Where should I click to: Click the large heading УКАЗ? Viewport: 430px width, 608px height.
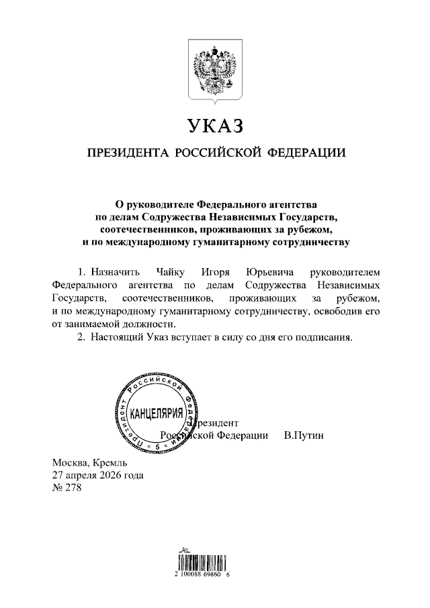[x=215, y=126]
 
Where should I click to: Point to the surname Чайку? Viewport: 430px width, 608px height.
[x=167, y=272]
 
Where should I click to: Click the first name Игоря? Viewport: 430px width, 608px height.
[x=216, y=272]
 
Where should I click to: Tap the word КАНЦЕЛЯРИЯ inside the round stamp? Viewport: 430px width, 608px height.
[x=155, y=412]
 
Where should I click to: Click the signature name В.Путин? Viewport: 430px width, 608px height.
[x=304, y=436]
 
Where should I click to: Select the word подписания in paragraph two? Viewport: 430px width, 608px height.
[x=327, y=337]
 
